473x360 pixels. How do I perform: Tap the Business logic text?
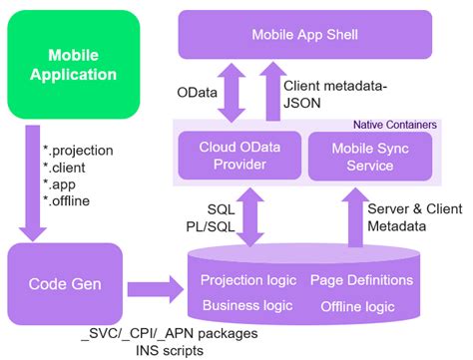244,306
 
